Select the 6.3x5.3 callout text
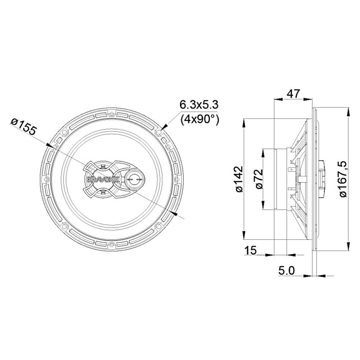pos(199,105)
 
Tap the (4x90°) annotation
pos(199,119)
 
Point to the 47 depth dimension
pos(293,94)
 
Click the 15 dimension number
pos(251,251)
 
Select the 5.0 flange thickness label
pos(286,270)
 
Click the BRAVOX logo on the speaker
pos(96,179)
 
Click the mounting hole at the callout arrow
pos(158,133)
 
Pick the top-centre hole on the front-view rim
pos(112,114)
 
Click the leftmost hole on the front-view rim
pos(46,180)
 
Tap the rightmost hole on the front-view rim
pos(177,180)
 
